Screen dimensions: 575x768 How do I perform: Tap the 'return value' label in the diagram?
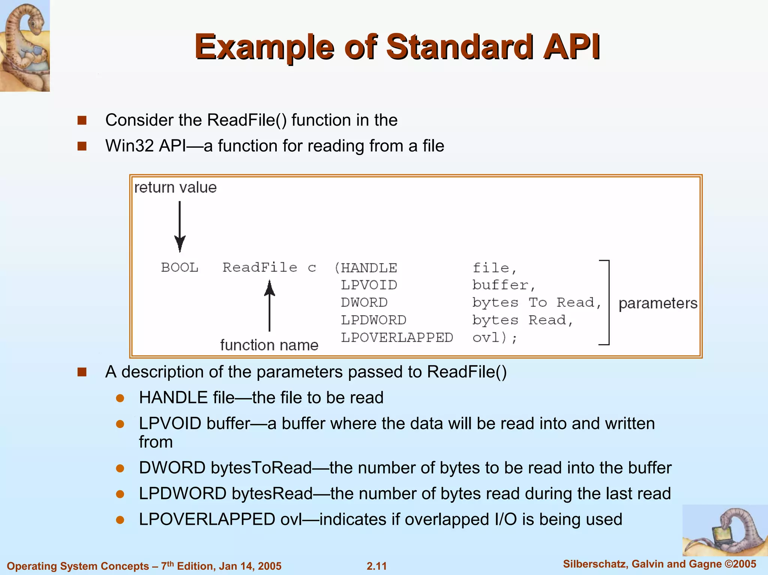click(x=175, y=187)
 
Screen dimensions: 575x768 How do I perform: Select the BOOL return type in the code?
click(x=180, y=268)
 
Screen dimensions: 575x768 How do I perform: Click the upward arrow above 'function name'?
click(x=269, y=306)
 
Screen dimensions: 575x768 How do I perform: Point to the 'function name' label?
click(x=269, y=345)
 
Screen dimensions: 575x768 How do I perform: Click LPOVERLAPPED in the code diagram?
click(x=397, y=338)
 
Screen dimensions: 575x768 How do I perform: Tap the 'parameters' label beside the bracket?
click(x=658, y=303)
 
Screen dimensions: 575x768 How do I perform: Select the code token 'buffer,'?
click(x=503, y=285)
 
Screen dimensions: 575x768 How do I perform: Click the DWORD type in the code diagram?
click(x=364, y=302)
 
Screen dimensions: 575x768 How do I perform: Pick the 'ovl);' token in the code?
click(x=494, y=338)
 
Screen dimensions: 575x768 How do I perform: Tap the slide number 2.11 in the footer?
click(x=376, y=566)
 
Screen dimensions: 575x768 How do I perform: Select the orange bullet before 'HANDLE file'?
click(x=120, y=398)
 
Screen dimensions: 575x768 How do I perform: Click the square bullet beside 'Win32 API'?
click(x=82, y=146)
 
